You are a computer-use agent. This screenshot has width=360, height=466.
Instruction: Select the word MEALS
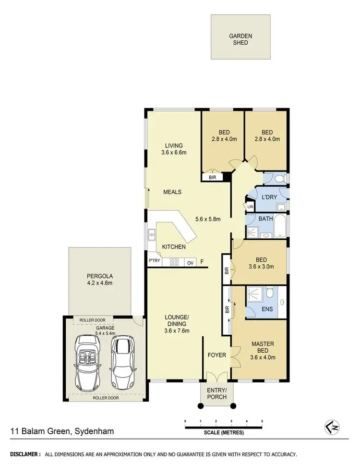click(x=172, y=192)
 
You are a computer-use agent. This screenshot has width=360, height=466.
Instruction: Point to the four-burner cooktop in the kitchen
click(x=175, y=262)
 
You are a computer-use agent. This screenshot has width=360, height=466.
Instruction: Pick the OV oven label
click(x=190, y=262)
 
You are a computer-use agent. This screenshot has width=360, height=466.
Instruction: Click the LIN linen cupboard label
click(x=250, y=207)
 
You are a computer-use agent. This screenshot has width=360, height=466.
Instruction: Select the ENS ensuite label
click(x=267, y=309)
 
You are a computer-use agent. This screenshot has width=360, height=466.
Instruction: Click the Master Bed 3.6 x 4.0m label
click(x=263, y=350)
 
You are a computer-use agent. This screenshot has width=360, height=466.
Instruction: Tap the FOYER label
click(x=216, y=356)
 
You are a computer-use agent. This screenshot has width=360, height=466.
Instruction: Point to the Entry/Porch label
click(x=217, y=393)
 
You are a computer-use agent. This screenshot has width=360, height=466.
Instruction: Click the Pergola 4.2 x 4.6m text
click(x=99, y=280)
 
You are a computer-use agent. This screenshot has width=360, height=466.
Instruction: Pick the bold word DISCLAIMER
click(x=24, y=454)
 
